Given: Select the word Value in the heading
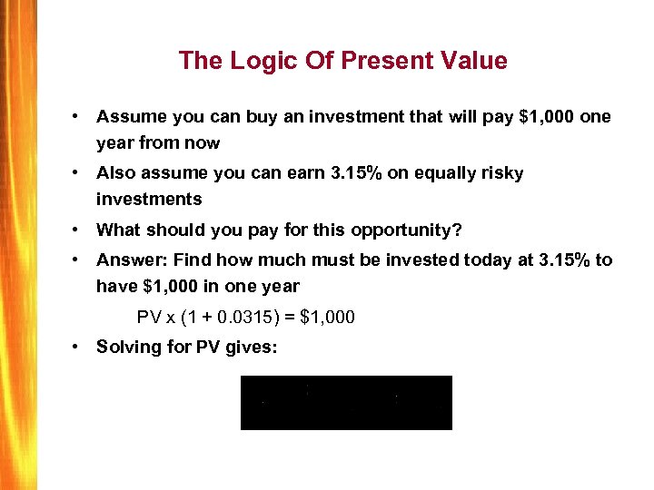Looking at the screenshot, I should (471, 61).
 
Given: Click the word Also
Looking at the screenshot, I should (115, 172).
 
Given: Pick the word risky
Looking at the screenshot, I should (500, 172).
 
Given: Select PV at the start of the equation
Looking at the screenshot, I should (147, 318).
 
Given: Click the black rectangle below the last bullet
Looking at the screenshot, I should (346, 402).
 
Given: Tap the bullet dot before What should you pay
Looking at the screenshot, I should (81, 229).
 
